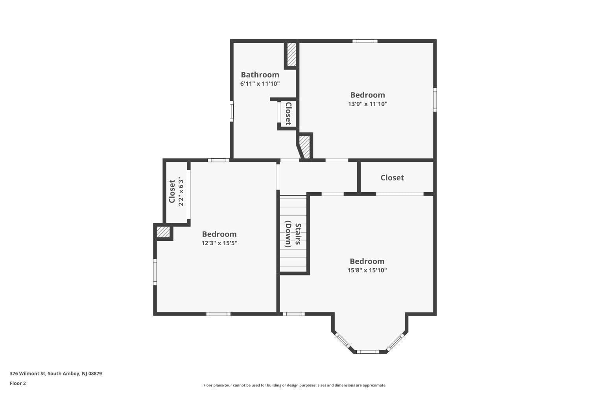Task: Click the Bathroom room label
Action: [260, 75]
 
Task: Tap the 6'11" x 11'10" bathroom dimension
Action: [260, 84]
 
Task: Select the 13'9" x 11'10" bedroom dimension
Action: [367, 104]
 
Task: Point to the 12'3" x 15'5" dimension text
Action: [219, 243]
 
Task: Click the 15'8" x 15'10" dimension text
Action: [367, 270]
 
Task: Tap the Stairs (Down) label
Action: [293, 235]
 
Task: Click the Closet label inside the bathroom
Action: [288, 114]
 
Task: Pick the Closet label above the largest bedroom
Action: [392, 178]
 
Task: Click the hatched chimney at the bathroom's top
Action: [291, 55]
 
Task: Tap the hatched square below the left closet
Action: [163, 232]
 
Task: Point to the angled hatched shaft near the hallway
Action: [304, 147]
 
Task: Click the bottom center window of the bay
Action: [368, 351]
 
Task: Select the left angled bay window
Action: [342, 340]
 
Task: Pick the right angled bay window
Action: [395, 342]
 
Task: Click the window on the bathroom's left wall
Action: [232, 111]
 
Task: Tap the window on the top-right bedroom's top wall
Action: [365, 41]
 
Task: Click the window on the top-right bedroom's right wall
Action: [435, 100]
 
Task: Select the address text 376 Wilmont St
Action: [55, 374]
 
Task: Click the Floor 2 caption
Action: [18, 383]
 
